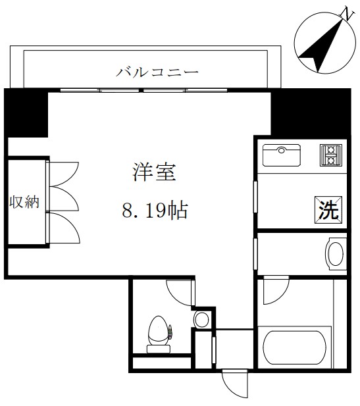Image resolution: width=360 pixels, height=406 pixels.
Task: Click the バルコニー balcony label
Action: (157, 71)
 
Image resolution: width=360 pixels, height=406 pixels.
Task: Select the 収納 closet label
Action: (24, 202)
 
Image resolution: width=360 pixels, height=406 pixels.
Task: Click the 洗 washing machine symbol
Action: (328, 210)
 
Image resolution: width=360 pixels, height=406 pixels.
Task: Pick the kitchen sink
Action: (282, 155)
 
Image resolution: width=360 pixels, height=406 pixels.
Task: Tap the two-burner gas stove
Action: (328, 155)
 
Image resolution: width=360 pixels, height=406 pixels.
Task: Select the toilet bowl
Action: (159, 332)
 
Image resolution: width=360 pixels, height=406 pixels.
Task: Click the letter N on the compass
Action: (345, 14)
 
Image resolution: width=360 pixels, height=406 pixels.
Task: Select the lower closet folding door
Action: (63, 226)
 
